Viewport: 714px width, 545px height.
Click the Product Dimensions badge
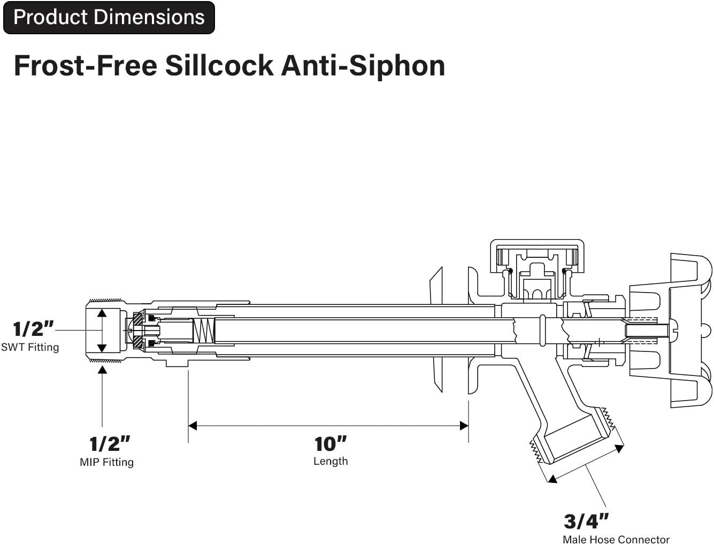point(109,18)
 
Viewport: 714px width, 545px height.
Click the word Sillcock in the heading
point(219,66)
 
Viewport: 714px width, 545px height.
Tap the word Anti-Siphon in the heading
point(363,66)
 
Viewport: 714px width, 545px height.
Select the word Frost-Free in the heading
point(86,66)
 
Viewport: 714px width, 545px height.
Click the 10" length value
point(330,443)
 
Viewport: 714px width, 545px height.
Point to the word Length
point(330,461)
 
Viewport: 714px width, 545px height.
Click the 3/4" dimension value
point(586,521)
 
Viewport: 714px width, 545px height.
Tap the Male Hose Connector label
point(616,539)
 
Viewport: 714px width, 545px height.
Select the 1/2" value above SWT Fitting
point(33,328)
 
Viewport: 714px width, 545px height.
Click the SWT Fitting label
point(30,347)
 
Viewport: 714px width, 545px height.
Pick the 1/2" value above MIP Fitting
point(110,443)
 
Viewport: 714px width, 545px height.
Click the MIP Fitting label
point(106,462)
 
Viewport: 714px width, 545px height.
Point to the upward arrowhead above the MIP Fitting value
point(102,369)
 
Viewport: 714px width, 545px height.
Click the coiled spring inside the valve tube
point(203,331)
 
